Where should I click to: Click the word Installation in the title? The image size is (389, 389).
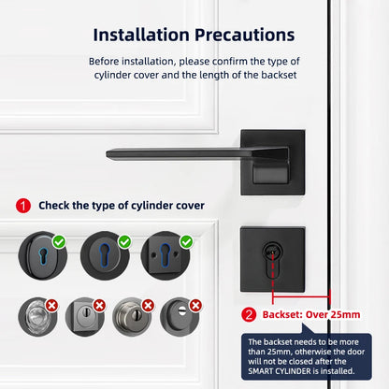tap(140, 35)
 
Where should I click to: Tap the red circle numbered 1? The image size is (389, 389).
tap(23, 205)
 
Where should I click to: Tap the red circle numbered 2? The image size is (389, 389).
tap(249, 314)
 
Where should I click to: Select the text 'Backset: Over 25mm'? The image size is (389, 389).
tap(310, 315)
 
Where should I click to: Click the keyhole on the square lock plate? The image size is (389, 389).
tap(274, 255)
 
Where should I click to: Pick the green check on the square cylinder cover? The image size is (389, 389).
tap(186, 242)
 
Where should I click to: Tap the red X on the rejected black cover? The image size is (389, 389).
tap(194, 305)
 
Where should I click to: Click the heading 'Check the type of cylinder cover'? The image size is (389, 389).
tap(122, 205)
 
